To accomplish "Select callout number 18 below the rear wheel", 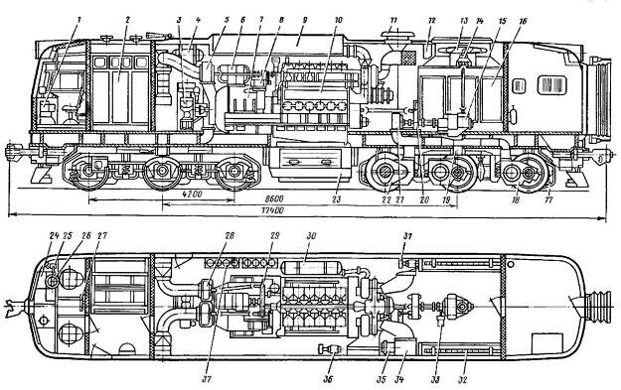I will click(x=514, y=198).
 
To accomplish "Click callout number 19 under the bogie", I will click(x=445, y=198).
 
